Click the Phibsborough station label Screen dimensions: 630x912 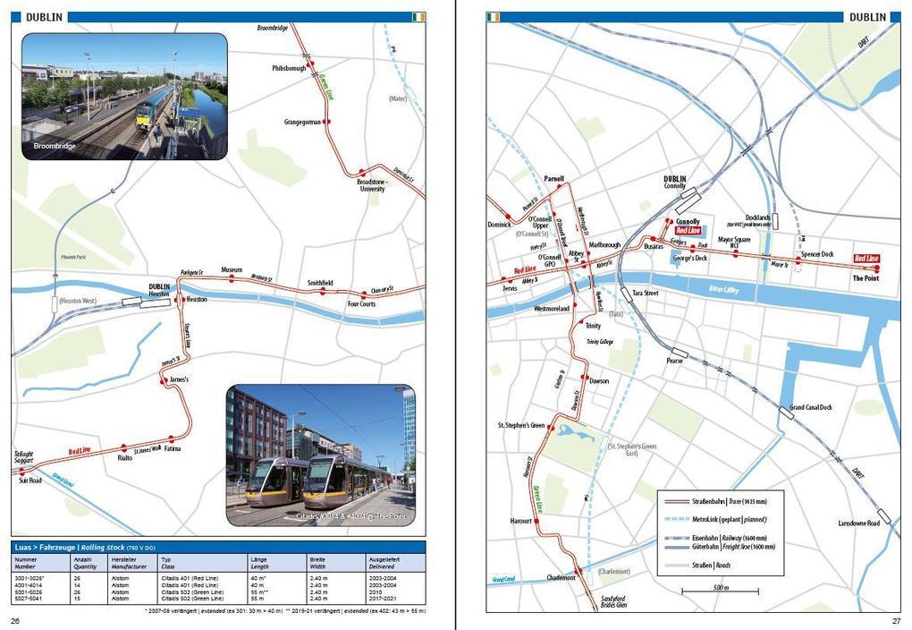click(290, 68)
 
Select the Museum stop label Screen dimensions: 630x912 click(232, 269)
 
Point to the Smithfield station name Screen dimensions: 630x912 click(320, 283)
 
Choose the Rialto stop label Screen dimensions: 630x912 click(125, 456)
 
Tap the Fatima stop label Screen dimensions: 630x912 click(172, 448)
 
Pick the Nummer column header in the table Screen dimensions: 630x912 click(26, 559)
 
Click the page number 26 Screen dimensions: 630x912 click(15, 620)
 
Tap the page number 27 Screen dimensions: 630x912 click(896, 620)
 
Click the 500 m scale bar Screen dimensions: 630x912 click(719, 591)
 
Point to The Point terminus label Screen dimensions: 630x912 click(865, 278)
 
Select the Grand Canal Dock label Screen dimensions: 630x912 click(811, 407)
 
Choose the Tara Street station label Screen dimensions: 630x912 click(646, 293)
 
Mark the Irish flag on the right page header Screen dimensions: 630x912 click(493, 17)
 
